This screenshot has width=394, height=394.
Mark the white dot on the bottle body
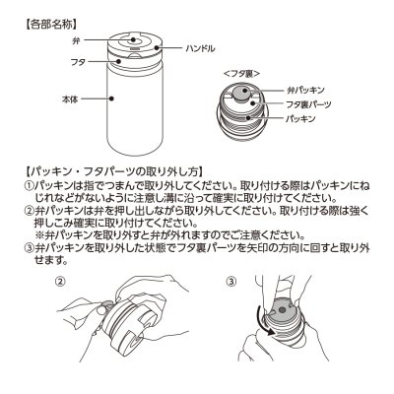point(111,98)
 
